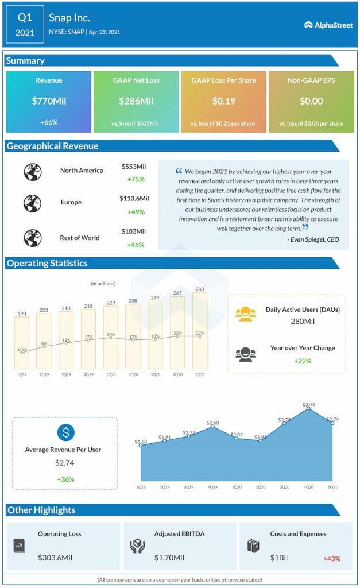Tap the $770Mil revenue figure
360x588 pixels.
49,101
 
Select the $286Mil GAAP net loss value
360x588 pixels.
136,101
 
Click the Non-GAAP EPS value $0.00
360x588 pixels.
311,101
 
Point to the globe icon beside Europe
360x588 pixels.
32,203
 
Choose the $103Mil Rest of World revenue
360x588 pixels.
134,231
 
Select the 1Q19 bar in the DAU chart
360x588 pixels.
21,342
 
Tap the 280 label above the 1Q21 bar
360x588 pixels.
200,289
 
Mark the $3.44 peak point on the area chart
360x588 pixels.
309,408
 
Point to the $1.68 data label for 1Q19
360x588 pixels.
141,442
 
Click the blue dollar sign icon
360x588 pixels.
65,432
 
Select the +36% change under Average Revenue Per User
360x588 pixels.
65,479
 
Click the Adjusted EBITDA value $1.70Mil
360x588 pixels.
169,558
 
